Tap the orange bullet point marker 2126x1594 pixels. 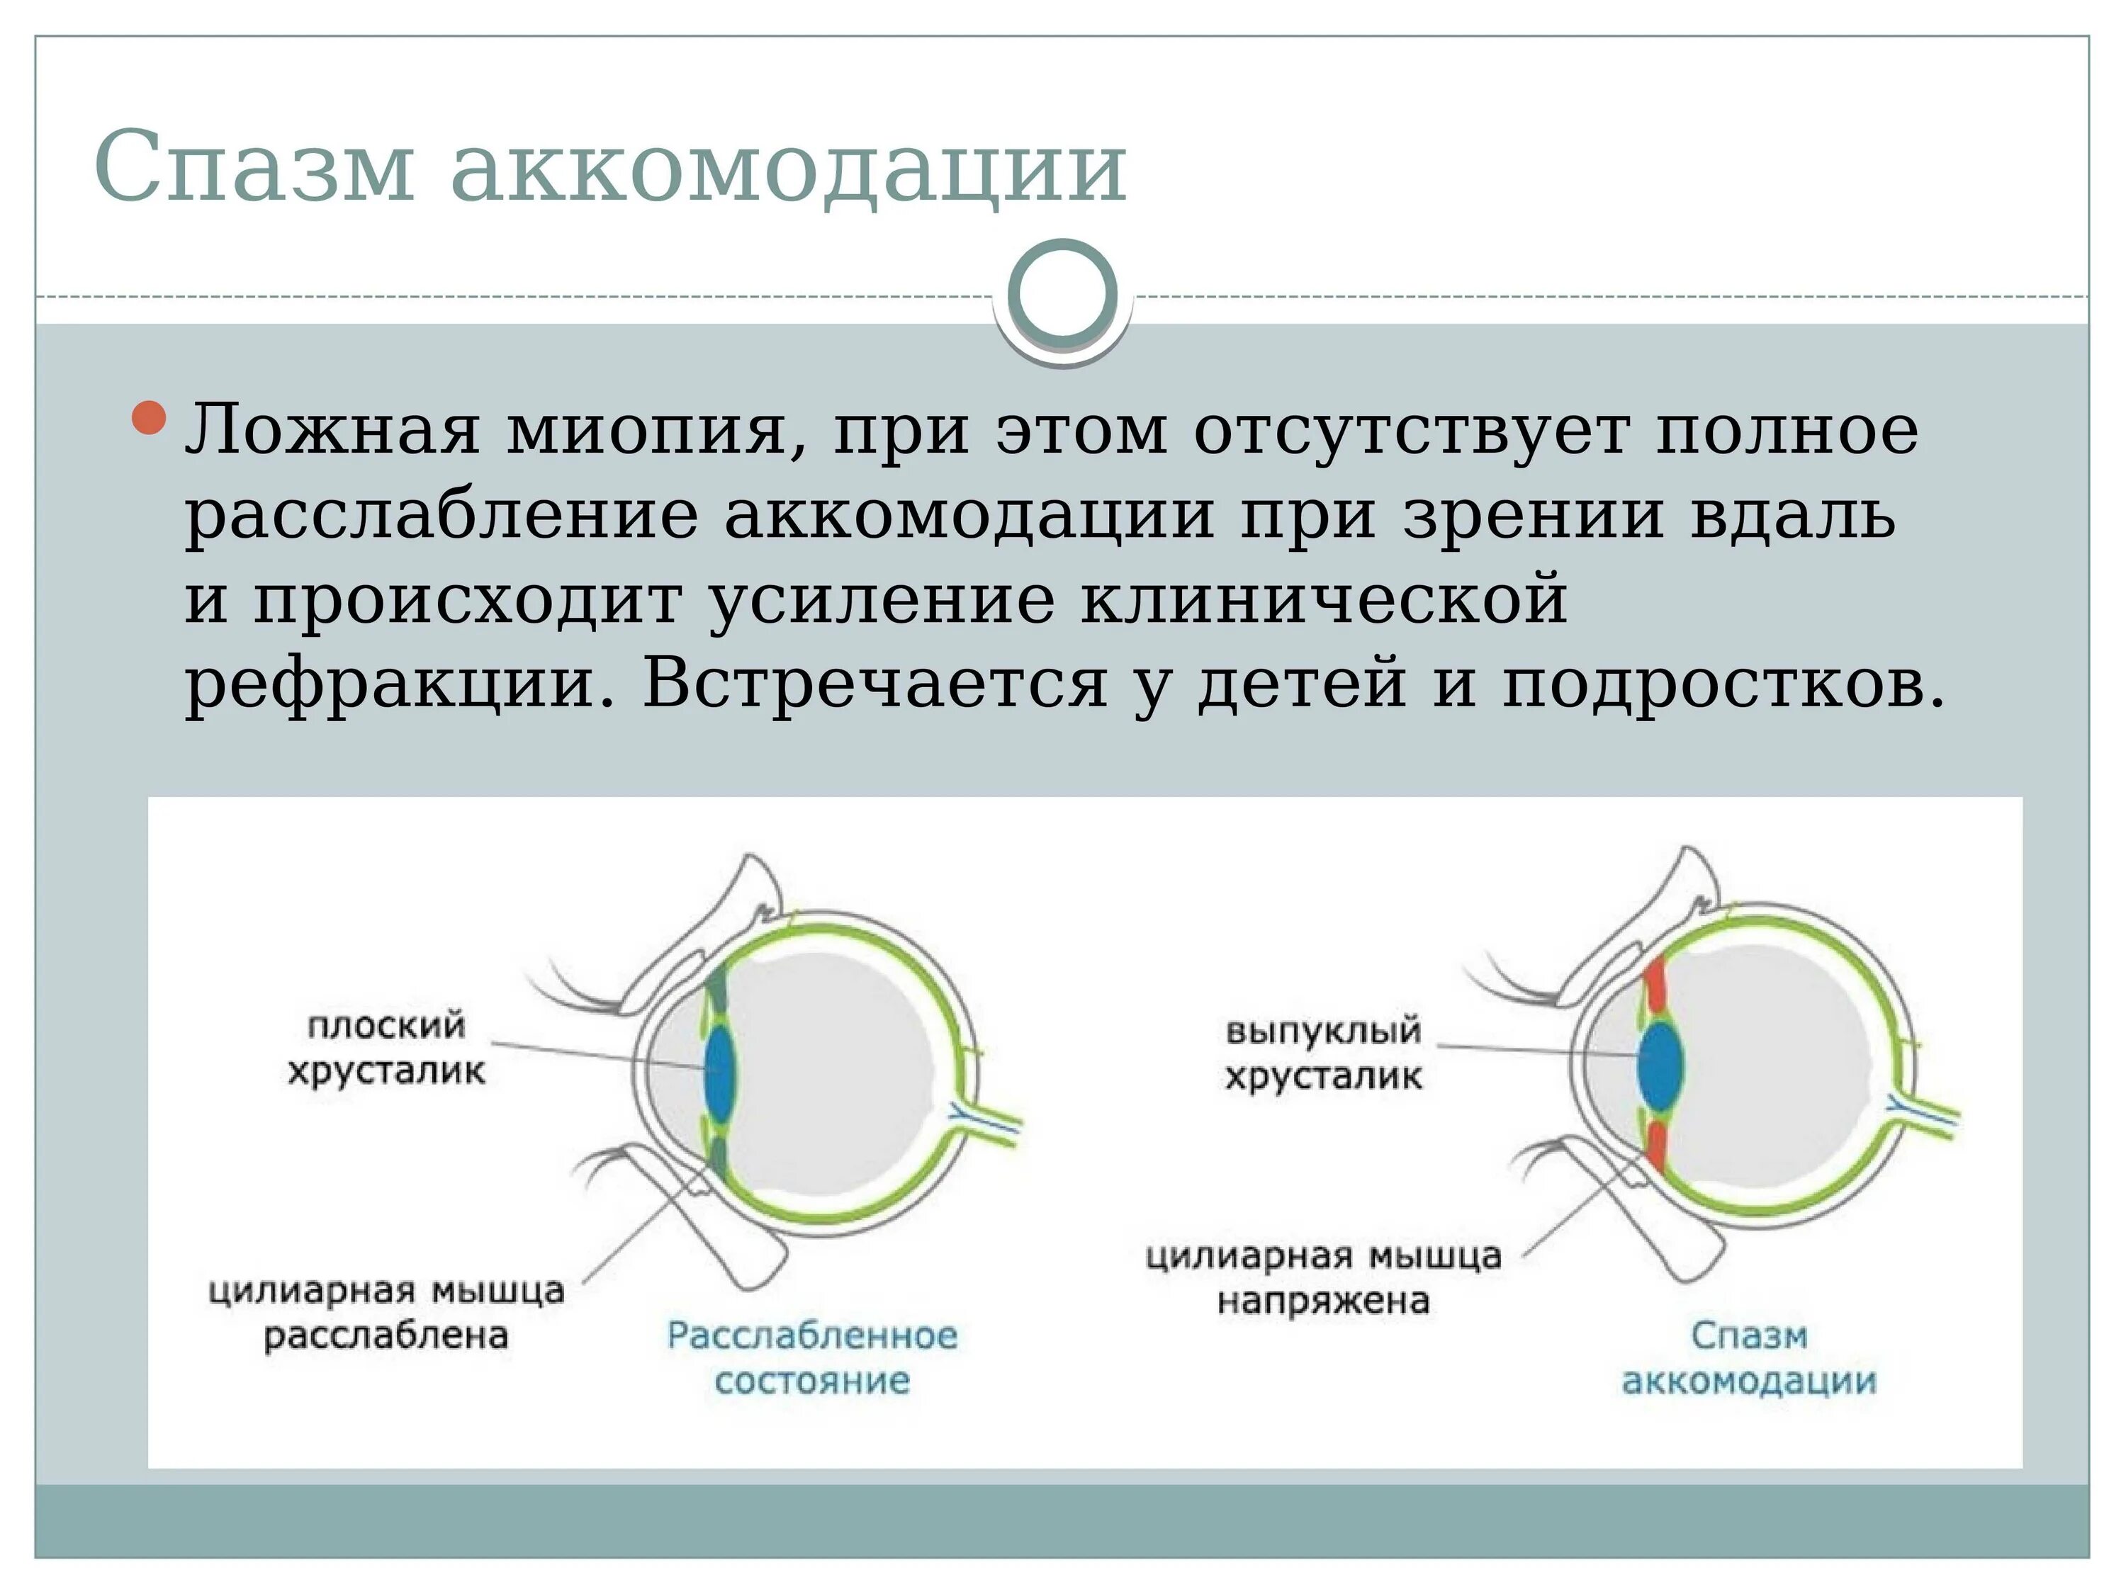(149, 420)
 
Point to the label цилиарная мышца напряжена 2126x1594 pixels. (1324, 1278)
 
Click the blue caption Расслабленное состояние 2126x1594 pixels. (812, 1357)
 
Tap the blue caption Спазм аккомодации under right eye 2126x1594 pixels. (1749, 1357)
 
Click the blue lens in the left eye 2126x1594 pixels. (721, 1068)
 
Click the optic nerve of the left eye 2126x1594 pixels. (990, 1122)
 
